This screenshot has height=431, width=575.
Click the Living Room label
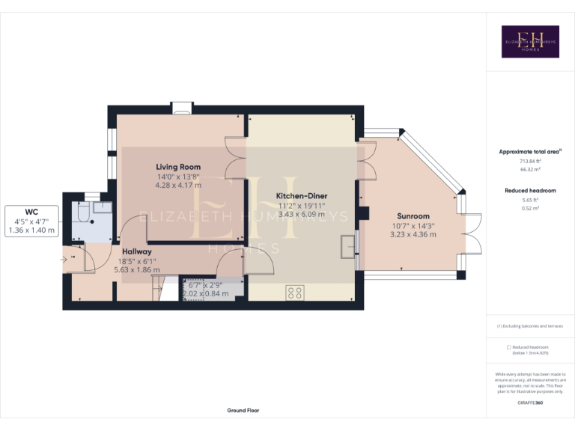click(x=178, y=166)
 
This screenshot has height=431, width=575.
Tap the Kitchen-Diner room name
click(x=302, y=196)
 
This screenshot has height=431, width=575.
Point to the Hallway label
click(x=137, y=251)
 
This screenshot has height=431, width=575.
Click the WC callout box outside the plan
click(x=31, y=221)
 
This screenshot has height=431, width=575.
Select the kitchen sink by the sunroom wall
click(x=347, y=246)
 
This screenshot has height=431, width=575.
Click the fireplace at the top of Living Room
click(x=181, y=109)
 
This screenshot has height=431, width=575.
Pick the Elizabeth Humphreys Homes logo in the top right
click(x=530, y=41)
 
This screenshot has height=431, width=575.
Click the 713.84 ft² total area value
click(x=530, y=161)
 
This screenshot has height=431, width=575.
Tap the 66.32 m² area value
click(x=530, y=170)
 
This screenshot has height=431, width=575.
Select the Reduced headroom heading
click(x=530, y=191)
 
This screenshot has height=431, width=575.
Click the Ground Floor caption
click(x=243, y=411)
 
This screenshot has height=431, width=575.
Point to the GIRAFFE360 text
click(x=530, y=403)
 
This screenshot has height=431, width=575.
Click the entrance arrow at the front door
click(x=65, y=259)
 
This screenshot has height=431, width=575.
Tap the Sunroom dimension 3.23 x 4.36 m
click(x=413, y=234)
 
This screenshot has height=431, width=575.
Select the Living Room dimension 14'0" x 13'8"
click(x=178, y=176)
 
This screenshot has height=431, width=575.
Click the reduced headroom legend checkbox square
click(x=509, y=347)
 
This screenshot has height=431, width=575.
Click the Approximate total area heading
click(x=530, y=151)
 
